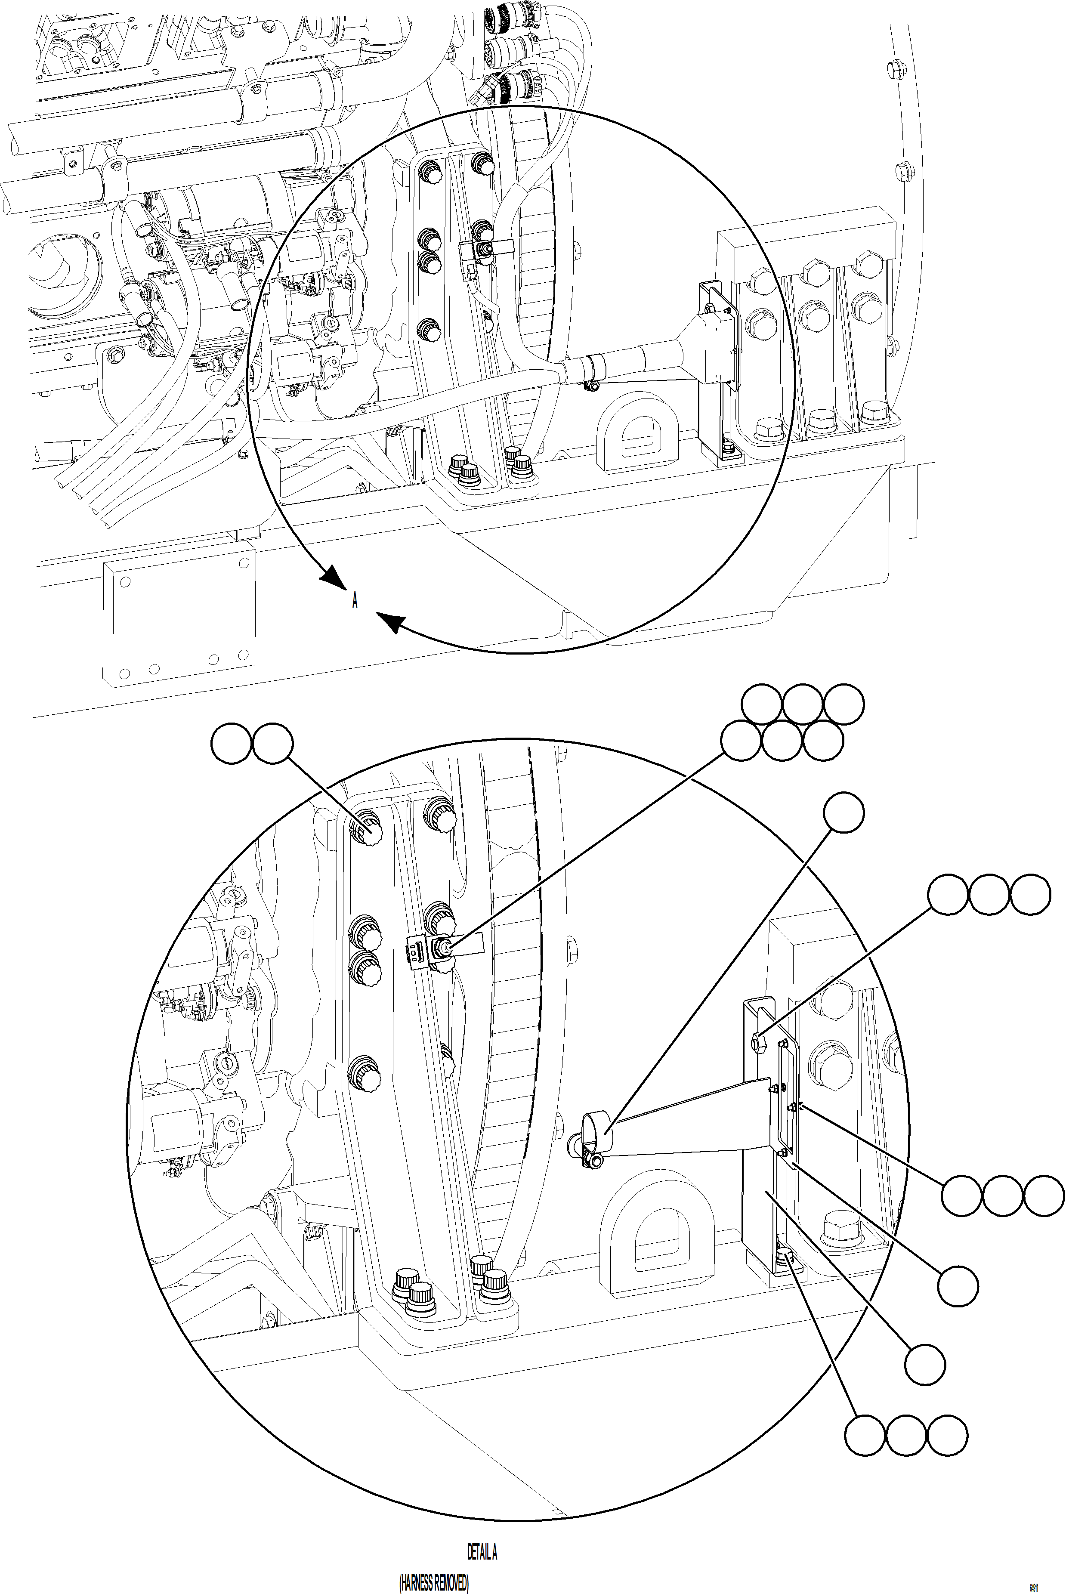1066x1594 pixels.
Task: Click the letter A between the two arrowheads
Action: [x=354, y=601]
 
